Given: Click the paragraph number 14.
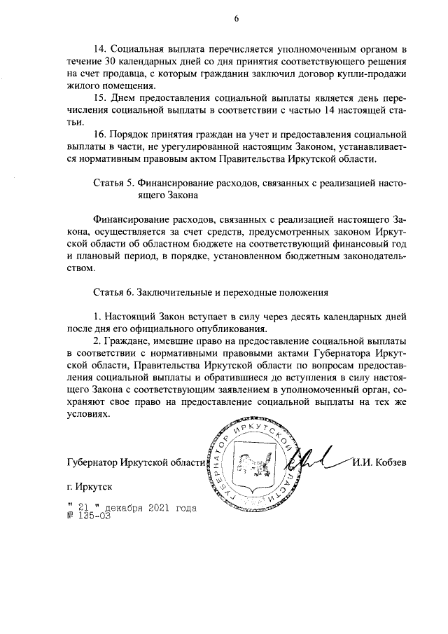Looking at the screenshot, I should [99, 49].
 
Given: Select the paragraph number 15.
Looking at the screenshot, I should [99, 97].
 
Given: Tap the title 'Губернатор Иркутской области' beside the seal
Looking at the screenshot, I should [135, 462].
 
